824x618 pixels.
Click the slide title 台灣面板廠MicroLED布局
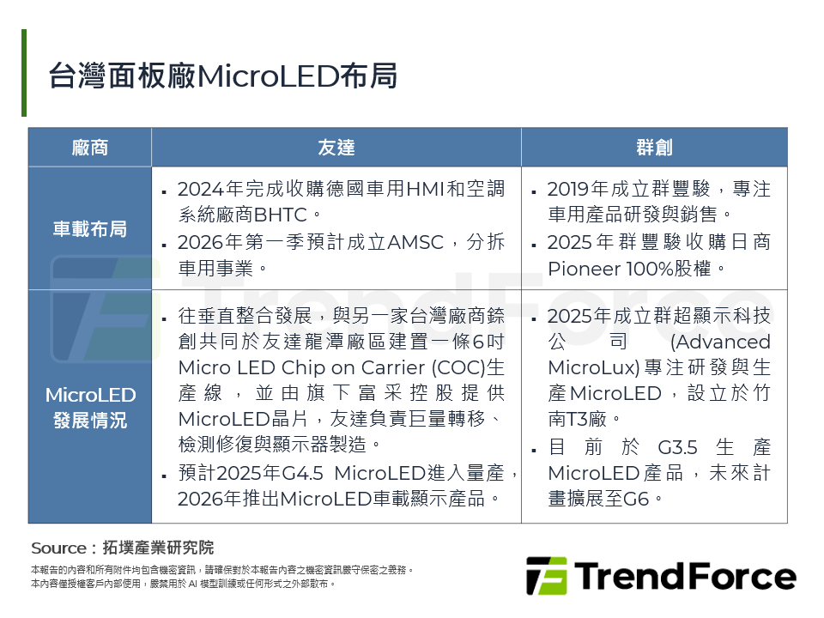[x=223, y=76]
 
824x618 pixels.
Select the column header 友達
[x=336, y=147]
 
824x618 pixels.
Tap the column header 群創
[x=654, y=147]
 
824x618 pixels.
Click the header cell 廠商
[x=90, y=147]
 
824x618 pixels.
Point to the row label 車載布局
[x=90, y=228]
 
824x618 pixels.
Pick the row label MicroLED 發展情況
[x=90, y=407]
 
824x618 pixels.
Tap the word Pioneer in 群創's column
[x=584, y=268]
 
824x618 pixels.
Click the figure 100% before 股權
[x=658, y=268]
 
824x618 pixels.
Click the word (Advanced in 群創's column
[x=719, y=342]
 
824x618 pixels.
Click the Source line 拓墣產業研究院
[x=158, y=548]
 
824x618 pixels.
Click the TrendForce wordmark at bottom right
[x=684, y=576]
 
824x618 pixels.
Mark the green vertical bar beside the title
[x=24, y=73]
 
